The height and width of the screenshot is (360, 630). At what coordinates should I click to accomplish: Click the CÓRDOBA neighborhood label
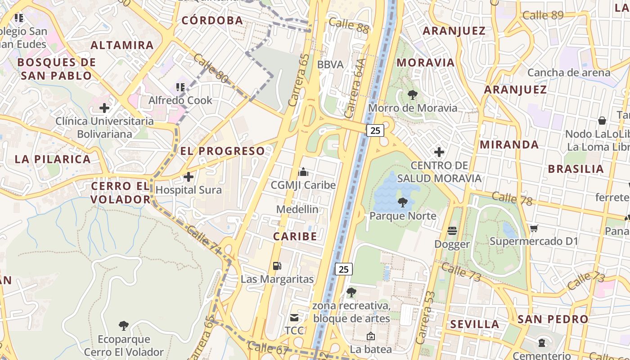[x=212, y=20]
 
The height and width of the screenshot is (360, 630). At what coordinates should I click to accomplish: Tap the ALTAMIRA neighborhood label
[x=122, y=45]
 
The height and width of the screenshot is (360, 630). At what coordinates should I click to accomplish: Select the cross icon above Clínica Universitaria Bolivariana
[x=104, y=108]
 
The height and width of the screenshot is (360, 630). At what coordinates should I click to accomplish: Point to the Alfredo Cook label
[x=180, y=100]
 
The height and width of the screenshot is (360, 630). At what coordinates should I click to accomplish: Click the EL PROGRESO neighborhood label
[x=223, y=151]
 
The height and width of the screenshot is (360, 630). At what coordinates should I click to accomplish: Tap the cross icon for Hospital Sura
[x=189, y=177]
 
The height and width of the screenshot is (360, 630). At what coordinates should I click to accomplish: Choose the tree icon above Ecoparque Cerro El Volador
[x=123, y=325]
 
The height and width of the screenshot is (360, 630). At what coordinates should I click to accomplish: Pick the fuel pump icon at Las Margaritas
[x=277, y=266]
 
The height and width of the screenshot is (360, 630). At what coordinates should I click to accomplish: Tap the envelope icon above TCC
[x=294, y=318]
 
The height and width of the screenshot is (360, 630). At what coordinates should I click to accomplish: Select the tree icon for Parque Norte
[x=403, y=202]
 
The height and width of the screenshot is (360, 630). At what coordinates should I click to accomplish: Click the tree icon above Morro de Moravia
[x=412, y=95]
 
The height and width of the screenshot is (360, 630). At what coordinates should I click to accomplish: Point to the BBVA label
[x=330, y=64]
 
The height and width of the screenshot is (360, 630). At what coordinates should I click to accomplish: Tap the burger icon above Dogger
[x=452, y=231]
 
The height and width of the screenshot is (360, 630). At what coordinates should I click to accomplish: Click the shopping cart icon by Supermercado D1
[x=534, y=228]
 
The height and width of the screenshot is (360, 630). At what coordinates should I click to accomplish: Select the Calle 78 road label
[x=512, y=198]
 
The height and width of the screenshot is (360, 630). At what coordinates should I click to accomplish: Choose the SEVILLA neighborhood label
[x=475, y=324]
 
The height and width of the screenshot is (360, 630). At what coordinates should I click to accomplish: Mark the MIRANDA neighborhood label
[x=509, y=144]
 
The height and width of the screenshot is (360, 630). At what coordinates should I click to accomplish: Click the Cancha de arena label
[x=569, y=72]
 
